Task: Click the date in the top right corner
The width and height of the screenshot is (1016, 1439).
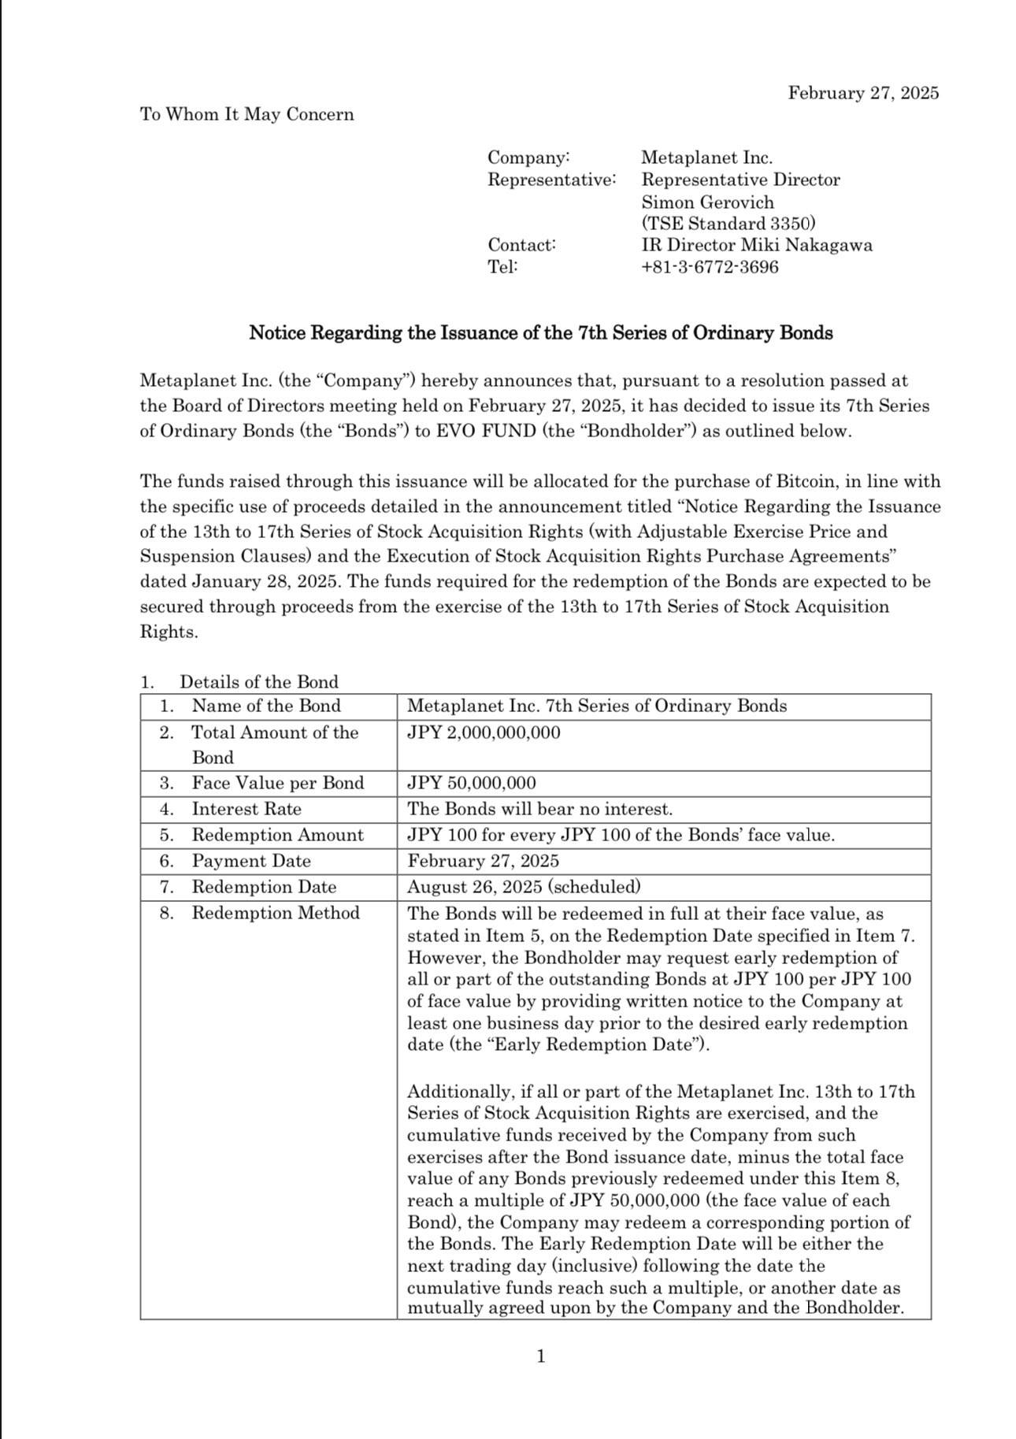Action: click(x=863, y=93)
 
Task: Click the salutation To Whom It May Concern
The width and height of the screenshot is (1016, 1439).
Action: click(x=247, y=114)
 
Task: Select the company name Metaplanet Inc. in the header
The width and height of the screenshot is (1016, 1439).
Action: click(x=706, y=158)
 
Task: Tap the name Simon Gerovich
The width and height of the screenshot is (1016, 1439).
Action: click(x=707, y=202)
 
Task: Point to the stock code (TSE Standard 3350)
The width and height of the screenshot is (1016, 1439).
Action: click(x=728, y=224)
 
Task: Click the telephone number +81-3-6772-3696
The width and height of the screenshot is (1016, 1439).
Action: click(x=710, y=267)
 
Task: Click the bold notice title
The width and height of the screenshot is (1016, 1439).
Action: click(x=540, y=332)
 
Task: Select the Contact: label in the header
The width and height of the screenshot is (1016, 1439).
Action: click(x=521, y=244)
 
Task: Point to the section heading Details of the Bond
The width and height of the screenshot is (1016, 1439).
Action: click(x=258, y=682)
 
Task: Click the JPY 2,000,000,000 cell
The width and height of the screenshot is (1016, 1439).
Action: click(x=484, y=732)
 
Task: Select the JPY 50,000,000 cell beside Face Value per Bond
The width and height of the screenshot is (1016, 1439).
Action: click(x=471, y=783)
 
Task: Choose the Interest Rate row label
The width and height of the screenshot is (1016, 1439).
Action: click(x=246, y=809)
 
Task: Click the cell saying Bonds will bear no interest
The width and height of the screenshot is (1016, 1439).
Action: click(x=540, y=809)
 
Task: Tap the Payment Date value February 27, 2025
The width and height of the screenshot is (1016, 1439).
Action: click(x=483, y=861)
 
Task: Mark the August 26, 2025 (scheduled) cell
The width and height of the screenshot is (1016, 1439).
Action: click(x=524, y=887)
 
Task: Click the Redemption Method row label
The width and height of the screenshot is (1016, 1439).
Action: click(x=275, y=913)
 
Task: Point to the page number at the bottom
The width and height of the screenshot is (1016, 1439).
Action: click(x=540, y=1356)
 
